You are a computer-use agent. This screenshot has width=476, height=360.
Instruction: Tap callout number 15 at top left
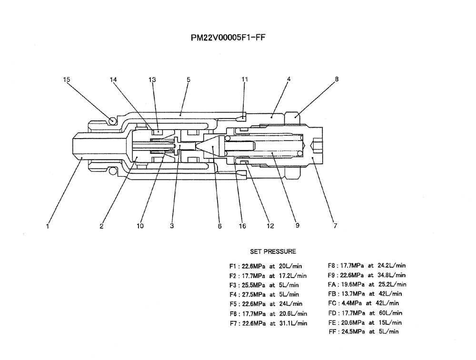click(x=67, y=80)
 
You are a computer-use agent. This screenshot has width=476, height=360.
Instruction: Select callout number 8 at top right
click(x=337, y=80)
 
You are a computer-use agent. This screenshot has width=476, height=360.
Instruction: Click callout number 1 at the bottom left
click(x=48, y=226)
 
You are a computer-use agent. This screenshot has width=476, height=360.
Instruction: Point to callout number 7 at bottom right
click(x=335, y=226)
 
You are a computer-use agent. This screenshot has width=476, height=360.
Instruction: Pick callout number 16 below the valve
click(x=242, y=226)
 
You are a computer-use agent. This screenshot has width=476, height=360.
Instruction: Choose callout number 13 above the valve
click(x=152, y=80)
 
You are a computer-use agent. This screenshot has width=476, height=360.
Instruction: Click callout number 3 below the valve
click(x=172, y=226)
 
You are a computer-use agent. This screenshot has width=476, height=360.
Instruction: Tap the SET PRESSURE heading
click(x=273, y=251)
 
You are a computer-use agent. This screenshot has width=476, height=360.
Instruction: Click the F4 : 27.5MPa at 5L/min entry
click(x=264, y=294)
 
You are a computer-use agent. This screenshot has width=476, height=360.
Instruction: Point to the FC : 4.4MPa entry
click(x=364, y=303)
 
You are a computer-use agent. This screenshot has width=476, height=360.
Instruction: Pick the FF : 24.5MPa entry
click(x=364, y=331)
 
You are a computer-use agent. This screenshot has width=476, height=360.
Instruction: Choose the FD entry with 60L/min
click(x=365, y=313)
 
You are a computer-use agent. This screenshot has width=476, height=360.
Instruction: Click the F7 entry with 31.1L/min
click(x=268, y=323)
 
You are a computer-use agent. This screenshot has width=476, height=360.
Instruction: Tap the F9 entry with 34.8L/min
click(x=367, y=275)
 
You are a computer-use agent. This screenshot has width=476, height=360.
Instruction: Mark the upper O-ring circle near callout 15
click(x=112, y=121)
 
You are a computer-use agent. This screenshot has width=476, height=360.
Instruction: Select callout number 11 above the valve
click(x=245, y=80)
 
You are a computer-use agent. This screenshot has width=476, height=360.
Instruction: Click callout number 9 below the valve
click(x=297, y=226)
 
